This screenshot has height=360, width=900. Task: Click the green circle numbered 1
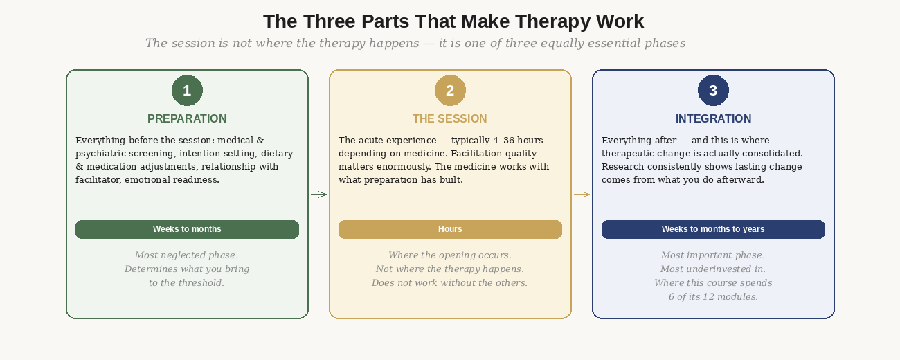coord(187,91)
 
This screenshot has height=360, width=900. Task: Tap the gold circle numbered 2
coord(450,91)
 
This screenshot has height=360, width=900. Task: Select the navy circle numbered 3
coord(713,91)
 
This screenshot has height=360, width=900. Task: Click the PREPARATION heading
coord(187,119)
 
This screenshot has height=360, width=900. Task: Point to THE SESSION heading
coord(450,119)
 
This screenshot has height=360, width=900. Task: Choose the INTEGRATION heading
coord(713,119)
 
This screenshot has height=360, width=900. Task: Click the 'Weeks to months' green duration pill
coord(187,229)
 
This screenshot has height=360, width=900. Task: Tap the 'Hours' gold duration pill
coord(450,229)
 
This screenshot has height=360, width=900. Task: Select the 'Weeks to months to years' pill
coord(713,229)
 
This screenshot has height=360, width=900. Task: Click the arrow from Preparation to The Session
coord(318,195)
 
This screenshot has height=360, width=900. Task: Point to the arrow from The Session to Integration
coord(582,195)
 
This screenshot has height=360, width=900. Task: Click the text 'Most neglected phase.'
coord(187,255)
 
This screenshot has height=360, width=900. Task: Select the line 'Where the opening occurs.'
coord(450,255)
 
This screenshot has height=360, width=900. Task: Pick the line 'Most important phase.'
coord(713,255)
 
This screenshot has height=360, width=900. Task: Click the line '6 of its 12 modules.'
coord(713,297)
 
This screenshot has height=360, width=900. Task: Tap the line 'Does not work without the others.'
coord(450,283)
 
